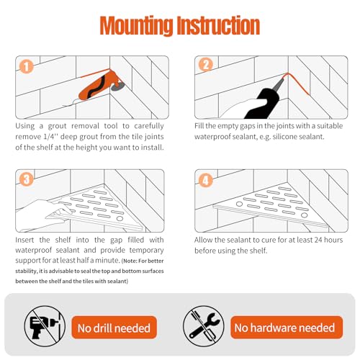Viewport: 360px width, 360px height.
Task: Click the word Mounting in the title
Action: coord(136,25)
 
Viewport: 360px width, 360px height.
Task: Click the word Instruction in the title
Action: coord(218,25)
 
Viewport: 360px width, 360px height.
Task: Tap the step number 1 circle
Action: coord(26,66)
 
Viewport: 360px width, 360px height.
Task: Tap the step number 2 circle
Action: coord(206,65)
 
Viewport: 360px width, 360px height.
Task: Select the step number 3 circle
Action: coord(26,179)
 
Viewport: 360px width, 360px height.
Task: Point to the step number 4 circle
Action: coord(206,180)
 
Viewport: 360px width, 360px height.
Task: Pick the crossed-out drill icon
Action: coord(45,326)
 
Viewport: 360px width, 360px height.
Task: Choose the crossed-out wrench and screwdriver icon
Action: coord(204,326)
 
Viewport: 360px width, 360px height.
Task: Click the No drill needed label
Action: coord(114,328)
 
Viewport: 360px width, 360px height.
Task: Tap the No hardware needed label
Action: coord(287,328)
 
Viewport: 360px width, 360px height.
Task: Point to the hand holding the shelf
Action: coord(43,215)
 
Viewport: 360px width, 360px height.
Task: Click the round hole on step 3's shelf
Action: coord(120,219)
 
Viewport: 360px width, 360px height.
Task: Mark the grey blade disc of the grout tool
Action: coord(118,86)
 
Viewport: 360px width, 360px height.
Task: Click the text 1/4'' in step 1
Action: coord(51,137)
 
